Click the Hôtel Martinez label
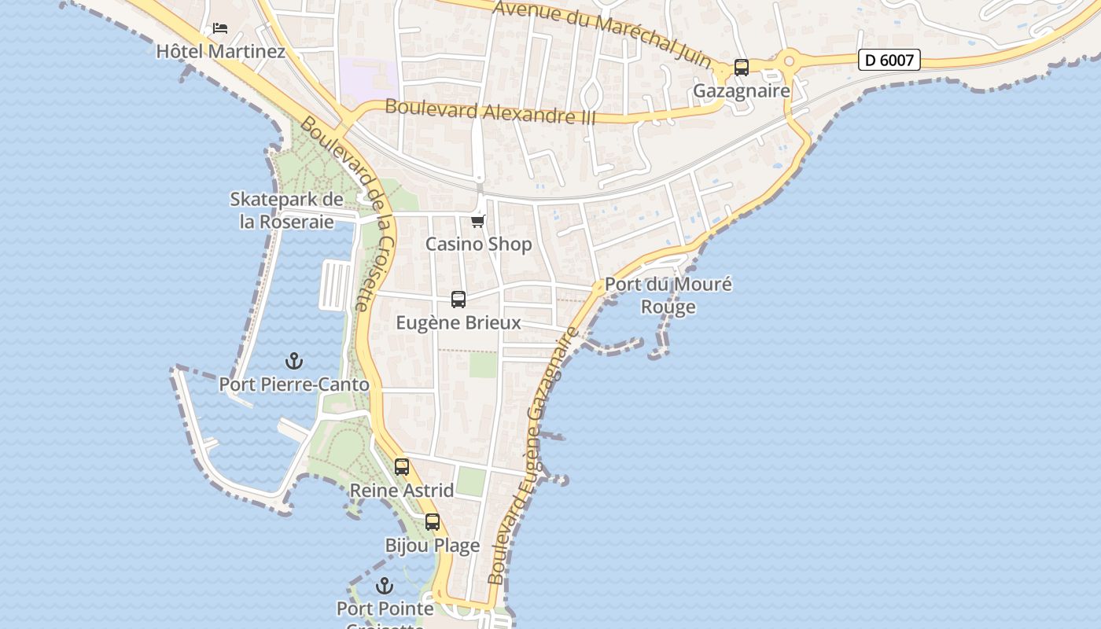point(220,52)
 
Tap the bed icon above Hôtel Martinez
point(220,28)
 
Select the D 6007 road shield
point(889,60)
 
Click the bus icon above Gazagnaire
point(741,68)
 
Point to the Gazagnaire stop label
point(741,91)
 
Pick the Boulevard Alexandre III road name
point(490,112)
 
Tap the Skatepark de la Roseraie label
point(286,211)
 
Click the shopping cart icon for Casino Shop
point(478,221)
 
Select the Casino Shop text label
point(478,245)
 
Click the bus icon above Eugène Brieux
point(458,300)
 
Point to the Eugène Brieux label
point(458,323)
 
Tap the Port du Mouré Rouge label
point(668,296)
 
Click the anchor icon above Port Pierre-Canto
point(293,361)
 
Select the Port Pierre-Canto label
point(293,384)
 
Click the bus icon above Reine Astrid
point(402,467)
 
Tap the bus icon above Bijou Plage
point(433,522)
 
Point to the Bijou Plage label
point(433,546)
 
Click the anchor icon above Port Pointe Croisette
point(385,586)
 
